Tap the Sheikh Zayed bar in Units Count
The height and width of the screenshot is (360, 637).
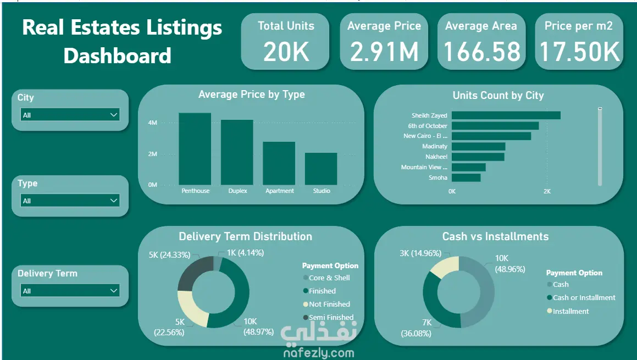point(506,115)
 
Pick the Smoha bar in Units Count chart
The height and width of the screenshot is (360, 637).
point(466,178)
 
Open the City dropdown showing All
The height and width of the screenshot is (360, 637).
point(70,115)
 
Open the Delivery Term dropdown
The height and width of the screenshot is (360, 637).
point(70,291)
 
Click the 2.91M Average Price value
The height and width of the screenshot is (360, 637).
point(384,52)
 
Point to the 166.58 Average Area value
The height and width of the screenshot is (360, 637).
point(481,52)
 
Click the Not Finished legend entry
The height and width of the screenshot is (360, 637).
point(329,304)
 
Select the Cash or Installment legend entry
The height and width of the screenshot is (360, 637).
point(584,297)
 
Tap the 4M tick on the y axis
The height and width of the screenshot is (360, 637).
point(153,123)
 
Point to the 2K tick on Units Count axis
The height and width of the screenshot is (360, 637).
point(547,191)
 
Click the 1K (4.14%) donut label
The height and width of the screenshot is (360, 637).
point(245,253)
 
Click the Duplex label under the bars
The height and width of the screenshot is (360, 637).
point(237,191)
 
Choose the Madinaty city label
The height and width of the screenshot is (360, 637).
point(435,147)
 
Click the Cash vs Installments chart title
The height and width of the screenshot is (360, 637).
point(495,236)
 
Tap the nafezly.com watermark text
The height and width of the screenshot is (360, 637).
point(319,353)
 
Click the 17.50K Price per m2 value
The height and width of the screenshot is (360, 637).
point(579,52)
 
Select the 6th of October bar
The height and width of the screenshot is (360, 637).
point(495,126)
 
